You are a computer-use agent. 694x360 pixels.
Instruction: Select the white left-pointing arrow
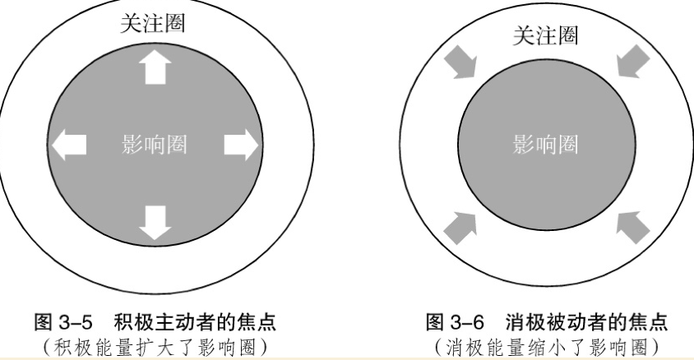click(x=70, y=145)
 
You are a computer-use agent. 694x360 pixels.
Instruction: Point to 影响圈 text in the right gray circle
click(x=545, y=145)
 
